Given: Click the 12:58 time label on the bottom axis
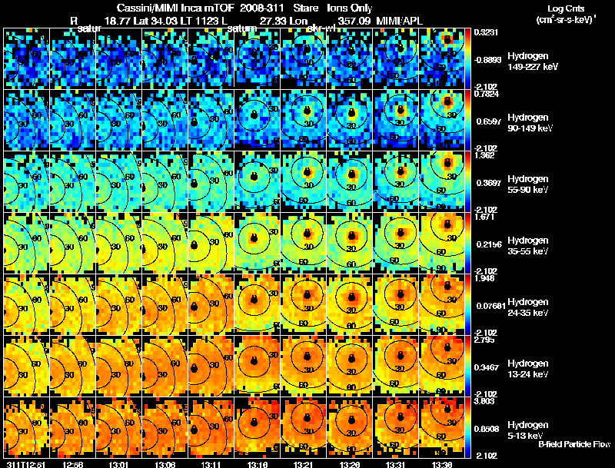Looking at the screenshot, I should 74,463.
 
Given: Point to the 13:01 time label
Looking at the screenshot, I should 118,463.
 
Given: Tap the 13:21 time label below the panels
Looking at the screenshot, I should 305,463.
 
